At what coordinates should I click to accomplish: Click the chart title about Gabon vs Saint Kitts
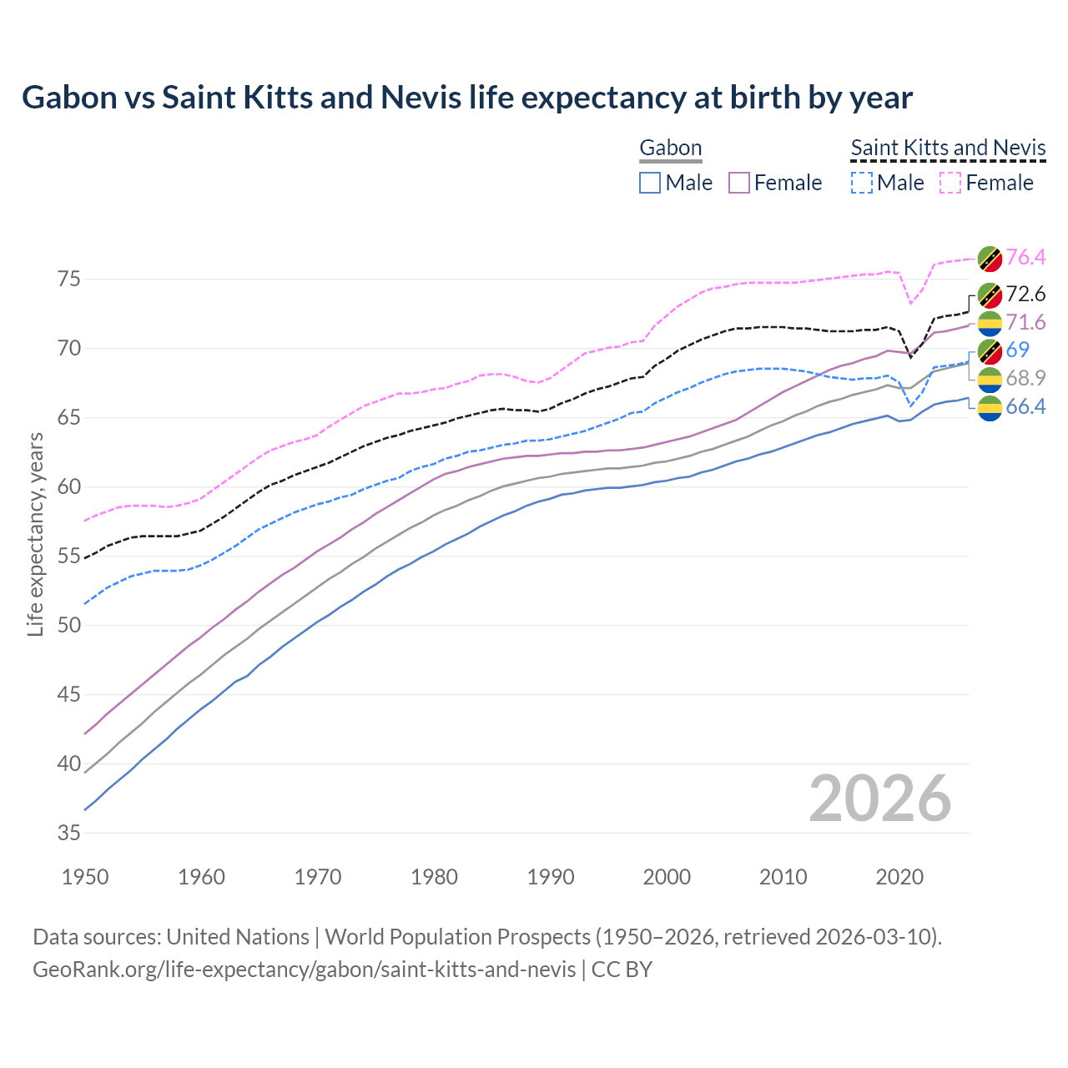pyautogui.click(x=467, y=98)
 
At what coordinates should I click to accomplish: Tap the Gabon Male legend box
pyautogui.click(x=650, y=183)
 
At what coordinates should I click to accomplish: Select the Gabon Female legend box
pyautogui.click(x=739, y=183)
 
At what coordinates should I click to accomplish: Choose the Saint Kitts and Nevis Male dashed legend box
pyautogui.click(x=862, y=183)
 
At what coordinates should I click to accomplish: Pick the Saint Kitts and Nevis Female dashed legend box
pyautogui.click(x=950, y=183)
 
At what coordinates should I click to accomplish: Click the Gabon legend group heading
pyautogui.click(x=670, y=149)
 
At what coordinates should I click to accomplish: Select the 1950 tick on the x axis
pyautogui.click(x=85, y=877)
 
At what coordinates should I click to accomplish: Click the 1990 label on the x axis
pyautogui.click(x=551, y=877)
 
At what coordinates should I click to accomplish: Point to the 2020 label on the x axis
pyautogui.click(x=899, y=877)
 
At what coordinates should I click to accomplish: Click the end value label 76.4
pyautogui.click(x=1025, y=257)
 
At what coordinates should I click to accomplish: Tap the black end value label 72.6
pyautogui.click(x=1025, y=294)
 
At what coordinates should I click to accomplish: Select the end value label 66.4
pyautogui.click(x=1025, y=406)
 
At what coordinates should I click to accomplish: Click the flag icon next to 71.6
pyautogui.click(x=990, y=323)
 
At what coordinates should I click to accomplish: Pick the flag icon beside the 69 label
pyautogui.click(x=990, y=351)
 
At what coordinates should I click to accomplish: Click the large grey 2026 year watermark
pyautogui.click(x=880, y=798)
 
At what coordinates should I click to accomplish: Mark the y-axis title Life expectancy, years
pyautogui.click(x=35, y=534)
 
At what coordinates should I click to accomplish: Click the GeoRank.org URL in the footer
pyautogui.click(x=304, y=970)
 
